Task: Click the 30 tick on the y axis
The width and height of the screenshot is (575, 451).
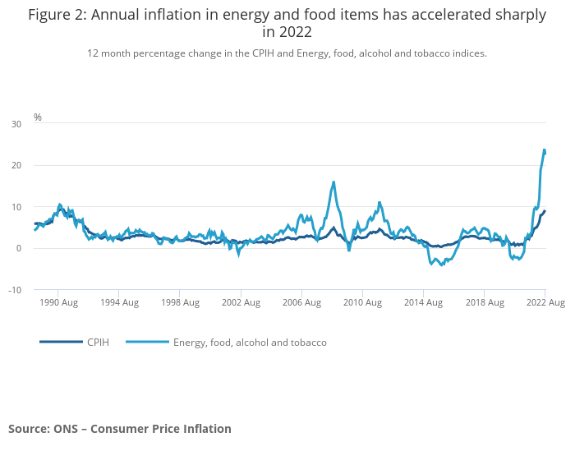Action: [x=16, y=124]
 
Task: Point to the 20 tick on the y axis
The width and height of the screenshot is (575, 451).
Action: [x=16, y=166]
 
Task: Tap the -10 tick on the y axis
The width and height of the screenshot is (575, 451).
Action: [x=15, y=290]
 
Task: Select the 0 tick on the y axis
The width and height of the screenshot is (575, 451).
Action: [x=19, y=249]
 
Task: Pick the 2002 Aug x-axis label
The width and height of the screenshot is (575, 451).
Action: [x=240, y=303]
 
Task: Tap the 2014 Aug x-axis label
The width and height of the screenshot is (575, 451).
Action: [x=422, y=303]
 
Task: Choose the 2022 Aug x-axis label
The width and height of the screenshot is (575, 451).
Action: [x=545, y=303]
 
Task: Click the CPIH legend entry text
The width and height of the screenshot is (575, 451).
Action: [x=98, y=343]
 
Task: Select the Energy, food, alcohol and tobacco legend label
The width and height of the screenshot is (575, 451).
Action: [x=250, y=343]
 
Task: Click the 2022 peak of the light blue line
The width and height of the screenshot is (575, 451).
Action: [x=544, y=150]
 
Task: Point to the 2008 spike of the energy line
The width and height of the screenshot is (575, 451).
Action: [x=333, y=182]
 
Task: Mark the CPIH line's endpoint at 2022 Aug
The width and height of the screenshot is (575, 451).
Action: [x=545, y=211]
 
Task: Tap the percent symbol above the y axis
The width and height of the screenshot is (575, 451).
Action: [x=38, y=117]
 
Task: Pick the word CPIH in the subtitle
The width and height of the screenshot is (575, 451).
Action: [x=230, y=53]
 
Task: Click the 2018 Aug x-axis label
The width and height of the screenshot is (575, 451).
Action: [x=483, y=303]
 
